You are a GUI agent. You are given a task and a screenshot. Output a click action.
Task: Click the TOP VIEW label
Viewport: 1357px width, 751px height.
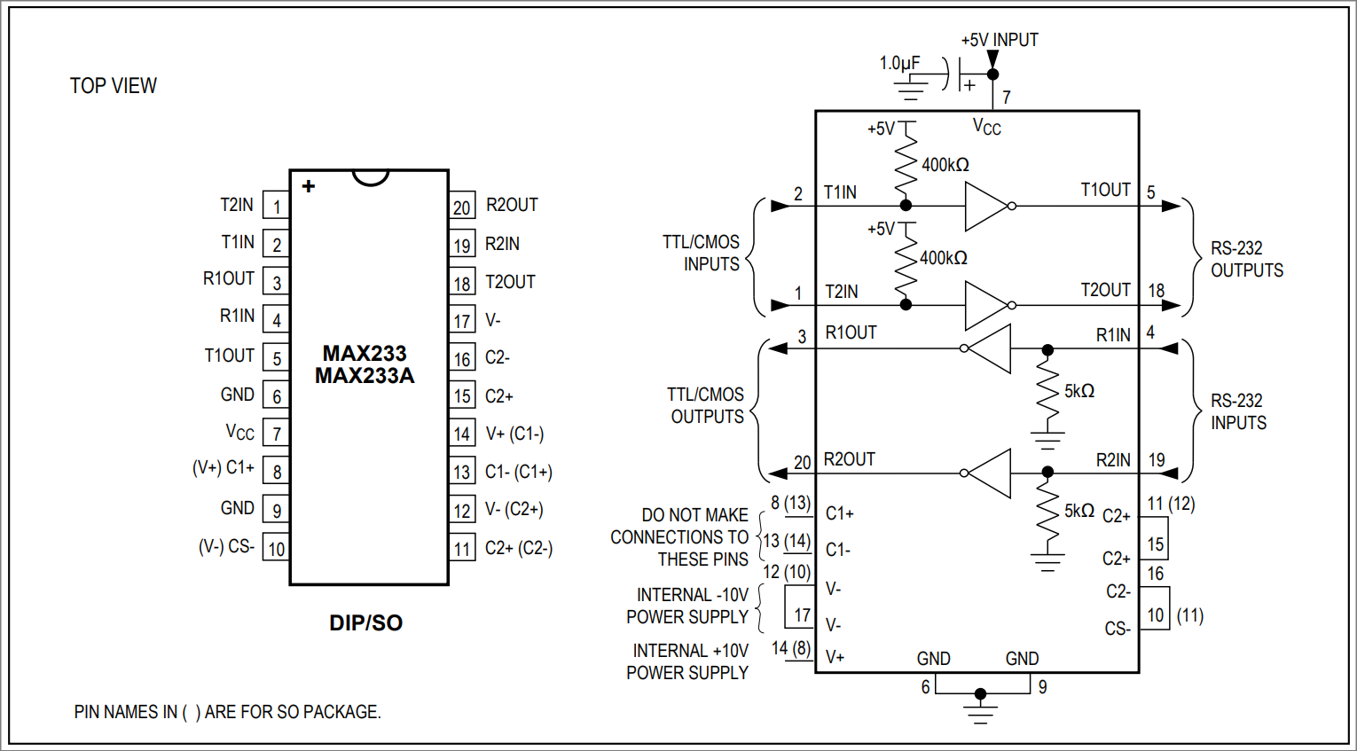113,86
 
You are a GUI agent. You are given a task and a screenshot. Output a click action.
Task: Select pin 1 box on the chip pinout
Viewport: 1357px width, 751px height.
277,207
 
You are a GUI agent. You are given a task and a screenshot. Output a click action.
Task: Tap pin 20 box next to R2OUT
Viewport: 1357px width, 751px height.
461,207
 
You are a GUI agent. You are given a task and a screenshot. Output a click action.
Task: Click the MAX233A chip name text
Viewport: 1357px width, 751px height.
365,376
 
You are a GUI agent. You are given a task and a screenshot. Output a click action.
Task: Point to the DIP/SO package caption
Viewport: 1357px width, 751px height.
365,623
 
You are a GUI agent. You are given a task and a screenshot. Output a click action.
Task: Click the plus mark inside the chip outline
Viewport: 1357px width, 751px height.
309,186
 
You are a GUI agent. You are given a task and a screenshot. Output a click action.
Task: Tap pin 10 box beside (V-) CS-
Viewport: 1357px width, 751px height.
277,549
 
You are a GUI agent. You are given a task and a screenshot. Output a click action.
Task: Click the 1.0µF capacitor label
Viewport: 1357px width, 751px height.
899,64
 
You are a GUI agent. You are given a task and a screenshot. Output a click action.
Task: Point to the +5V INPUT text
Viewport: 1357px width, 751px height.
1000,40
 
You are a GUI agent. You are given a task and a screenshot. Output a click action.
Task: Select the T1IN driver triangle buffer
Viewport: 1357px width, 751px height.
985,206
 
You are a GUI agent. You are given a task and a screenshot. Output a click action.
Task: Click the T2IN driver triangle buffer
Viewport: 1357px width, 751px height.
985,305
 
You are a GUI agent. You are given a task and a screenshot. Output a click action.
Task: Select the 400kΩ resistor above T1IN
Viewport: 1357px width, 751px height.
906,165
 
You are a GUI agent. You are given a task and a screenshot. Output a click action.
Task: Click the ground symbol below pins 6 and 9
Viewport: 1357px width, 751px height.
980,709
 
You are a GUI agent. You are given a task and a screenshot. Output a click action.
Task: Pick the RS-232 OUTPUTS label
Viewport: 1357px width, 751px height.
1246,259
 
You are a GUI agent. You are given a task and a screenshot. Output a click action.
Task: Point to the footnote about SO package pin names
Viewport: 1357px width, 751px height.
227,712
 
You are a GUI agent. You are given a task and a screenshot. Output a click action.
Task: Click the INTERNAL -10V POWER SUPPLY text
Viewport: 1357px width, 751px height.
687,606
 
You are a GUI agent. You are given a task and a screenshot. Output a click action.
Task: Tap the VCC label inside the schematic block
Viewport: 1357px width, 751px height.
986,127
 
